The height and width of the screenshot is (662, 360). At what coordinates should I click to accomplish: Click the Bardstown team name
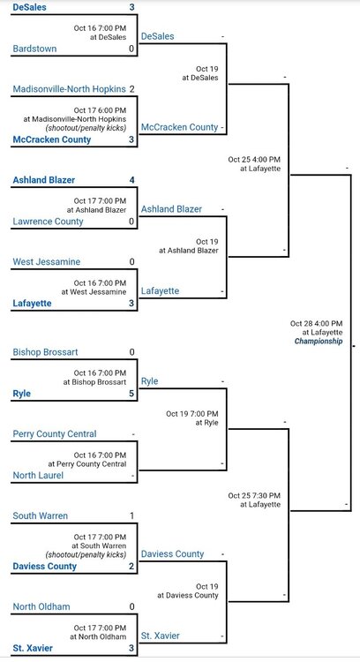(x=34, y=49)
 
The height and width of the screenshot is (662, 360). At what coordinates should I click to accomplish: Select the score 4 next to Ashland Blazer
(x=132, y=180)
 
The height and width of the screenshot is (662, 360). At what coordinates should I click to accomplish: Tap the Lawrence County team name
(x=49, y=222)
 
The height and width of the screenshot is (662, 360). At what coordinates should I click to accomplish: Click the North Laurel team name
(x=38, y=476)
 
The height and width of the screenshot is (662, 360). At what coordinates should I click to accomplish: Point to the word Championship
(x=319, y=341)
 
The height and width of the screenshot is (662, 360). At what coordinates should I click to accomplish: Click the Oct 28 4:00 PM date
(x=316, y=323)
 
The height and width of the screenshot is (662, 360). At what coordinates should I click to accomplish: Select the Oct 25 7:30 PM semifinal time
(x=254, y=495)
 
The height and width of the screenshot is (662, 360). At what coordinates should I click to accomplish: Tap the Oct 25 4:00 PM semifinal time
(x=254, y=160)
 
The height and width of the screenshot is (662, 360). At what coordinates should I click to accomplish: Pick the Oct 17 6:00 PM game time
(x=100, y=110)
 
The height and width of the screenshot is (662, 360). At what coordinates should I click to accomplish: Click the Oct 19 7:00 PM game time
(x=192, y=414)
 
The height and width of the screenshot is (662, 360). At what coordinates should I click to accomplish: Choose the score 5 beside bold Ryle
(x=131, y=394)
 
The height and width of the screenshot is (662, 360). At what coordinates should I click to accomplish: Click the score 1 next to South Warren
(x=132, y=516)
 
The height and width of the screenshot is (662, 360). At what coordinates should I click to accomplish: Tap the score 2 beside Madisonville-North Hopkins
(x=132, y=89)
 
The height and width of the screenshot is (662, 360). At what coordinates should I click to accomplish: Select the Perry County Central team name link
(x=55, y=434)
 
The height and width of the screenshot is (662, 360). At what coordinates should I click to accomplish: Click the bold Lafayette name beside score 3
(x=32, y=303)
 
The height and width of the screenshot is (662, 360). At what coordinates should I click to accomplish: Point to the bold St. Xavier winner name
(x=33, y=648)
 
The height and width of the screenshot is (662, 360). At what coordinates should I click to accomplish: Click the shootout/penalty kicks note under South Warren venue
(x=86, y=554)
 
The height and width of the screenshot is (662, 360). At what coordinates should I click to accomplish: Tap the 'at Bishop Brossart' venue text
(x=94, y=382)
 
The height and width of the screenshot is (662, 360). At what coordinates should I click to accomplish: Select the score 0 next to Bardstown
(x=131, y=49)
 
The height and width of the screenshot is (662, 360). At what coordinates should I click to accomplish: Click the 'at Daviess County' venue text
(x=188, y=595)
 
